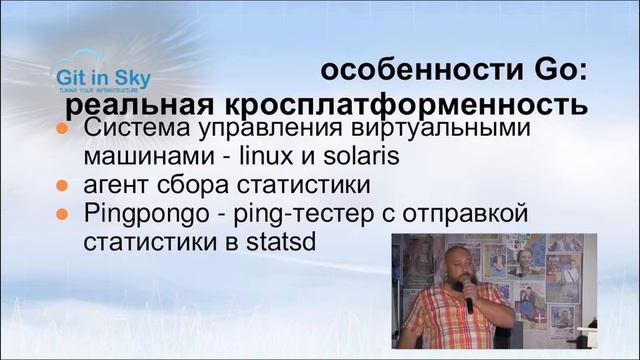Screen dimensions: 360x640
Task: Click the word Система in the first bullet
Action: [x=142, y=130]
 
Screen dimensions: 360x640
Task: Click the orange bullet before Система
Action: [x=62, y=131]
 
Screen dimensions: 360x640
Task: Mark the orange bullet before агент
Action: [x=62, y=186]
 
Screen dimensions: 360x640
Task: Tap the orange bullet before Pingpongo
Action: [x=62, y=214]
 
